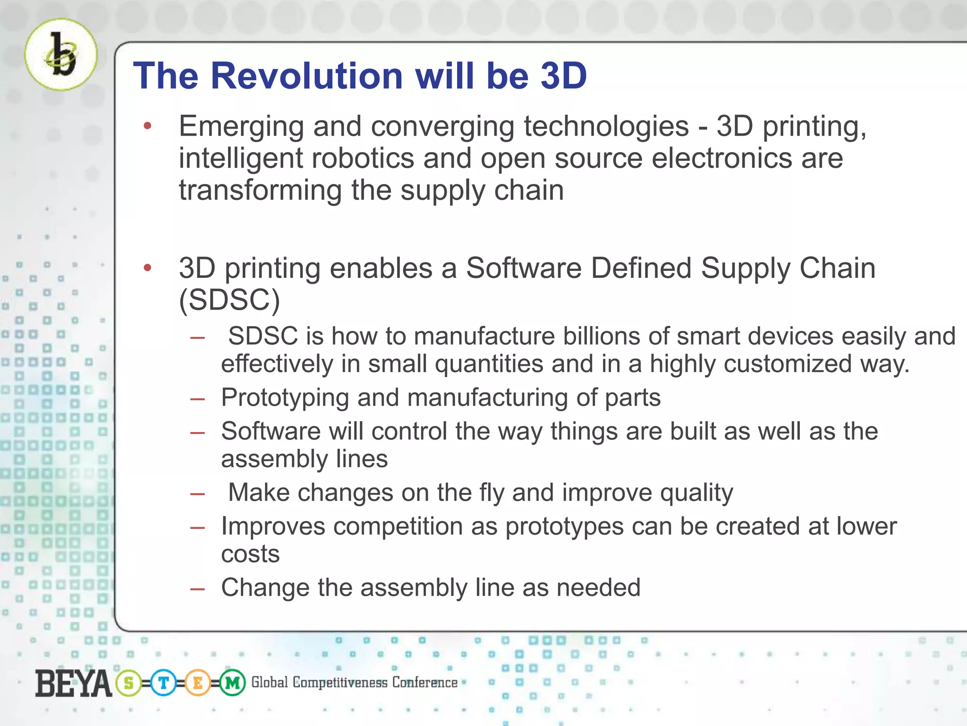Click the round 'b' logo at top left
click(61, 54)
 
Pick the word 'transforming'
click(260, 190)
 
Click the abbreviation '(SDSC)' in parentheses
click(229, 300)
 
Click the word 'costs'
click(250, 554)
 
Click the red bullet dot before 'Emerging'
click(147, 126)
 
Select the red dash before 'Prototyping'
click(197, 399)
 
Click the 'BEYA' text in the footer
click(73, 683)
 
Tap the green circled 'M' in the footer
click(232, 683)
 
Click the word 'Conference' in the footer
click(424, 682)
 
